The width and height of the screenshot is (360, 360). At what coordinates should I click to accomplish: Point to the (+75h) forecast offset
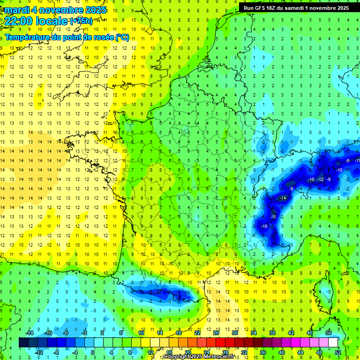coord(81,21)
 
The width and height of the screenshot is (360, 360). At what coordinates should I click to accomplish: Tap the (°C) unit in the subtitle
coord(123,37)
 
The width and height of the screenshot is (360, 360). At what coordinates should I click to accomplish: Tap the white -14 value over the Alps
coord(283,198)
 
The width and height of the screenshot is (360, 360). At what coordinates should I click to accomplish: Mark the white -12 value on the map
coord(321,180)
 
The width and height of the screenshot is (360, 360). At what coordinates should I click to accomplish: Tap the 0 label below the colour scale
coord(92,352)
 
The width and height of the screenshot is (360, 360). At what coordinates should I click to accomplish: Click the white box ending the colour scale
coord(333,342)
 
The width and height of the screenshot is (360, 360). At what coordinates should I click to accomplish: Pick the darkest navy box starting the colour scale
coord(23,342)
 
